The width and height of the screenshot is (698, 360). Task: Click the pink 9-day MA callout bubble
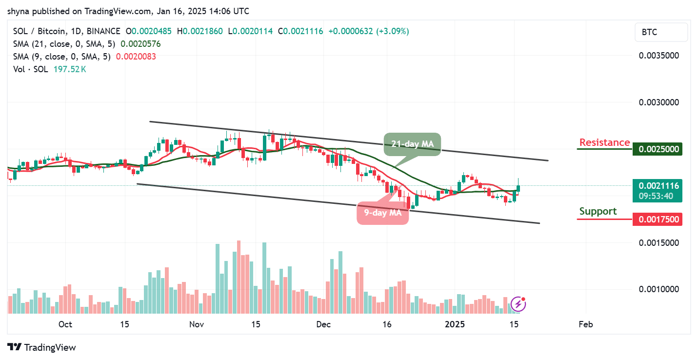click(x=383, y=213)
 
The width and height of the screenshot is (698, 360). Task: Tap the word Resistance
click(x=604, y=142)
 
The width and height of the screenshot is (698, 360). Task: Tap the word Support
click(x=598, y=211)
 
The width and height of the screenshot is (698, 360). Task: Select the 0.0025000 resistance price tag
click(x=657, y=149)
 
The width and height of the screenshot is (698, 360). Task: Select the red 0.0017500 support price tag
click(x=657, y=219)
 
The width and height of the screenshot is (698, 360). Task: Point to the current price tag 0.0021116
click(x=657, y=185)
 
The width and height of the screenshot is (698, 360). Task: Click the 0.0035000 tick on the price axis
click(x=659, y=56)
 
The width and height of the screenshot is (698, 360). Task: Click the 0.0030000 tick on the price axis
click(x=659, y=102)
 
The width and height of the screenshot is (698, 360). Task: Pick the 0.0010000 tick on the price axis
click(x=659, y=289)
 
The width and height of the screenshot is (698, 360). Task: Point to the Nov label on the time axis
click(x=196, y=324)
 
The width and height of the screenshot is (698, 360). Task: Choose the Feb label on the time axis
click(x=585, y=324)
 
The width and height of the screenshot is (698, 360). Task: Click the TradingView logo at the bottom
click(x=42, y=347)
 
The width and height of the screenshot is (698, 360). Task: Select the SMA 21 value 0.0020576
click(x=140, y=44)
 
